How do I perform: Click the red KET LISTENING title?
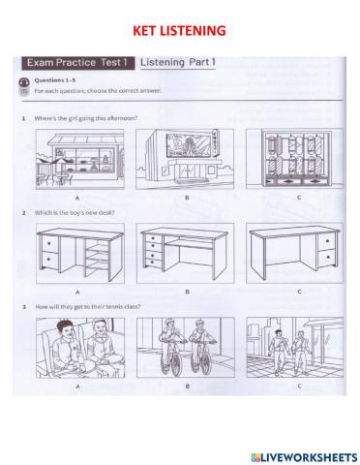(179, 31)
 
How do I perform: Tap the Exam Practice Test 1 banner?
(77, 63)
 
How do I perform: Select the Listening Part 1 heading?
(178, 62)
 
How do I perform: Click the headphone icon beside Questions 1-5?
(24, 81)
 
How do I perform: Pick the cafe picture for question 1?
(79, 159)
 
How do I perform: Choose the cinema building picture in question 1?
(185, 159)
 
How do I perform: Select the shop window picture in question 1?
(294, 159)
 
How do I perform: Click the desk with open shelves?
(80, 253)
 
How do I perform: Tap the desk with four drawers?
(185, 253)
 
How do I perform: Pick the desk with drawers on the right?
(294, 253)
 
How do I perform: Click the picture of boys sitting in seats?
(80, 348)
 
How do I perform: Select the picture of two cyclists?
(186, 348)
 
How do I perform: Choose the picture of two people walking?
(295, 347)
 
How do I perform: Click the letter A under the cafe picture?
(77, 198)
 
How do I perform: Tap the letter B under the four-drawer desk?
(187, 292)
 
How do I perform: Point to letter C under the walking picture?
(299, 386)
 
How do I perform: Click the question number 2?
(24, 213)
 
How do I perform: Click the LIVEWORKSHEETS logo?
(304, 457)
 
